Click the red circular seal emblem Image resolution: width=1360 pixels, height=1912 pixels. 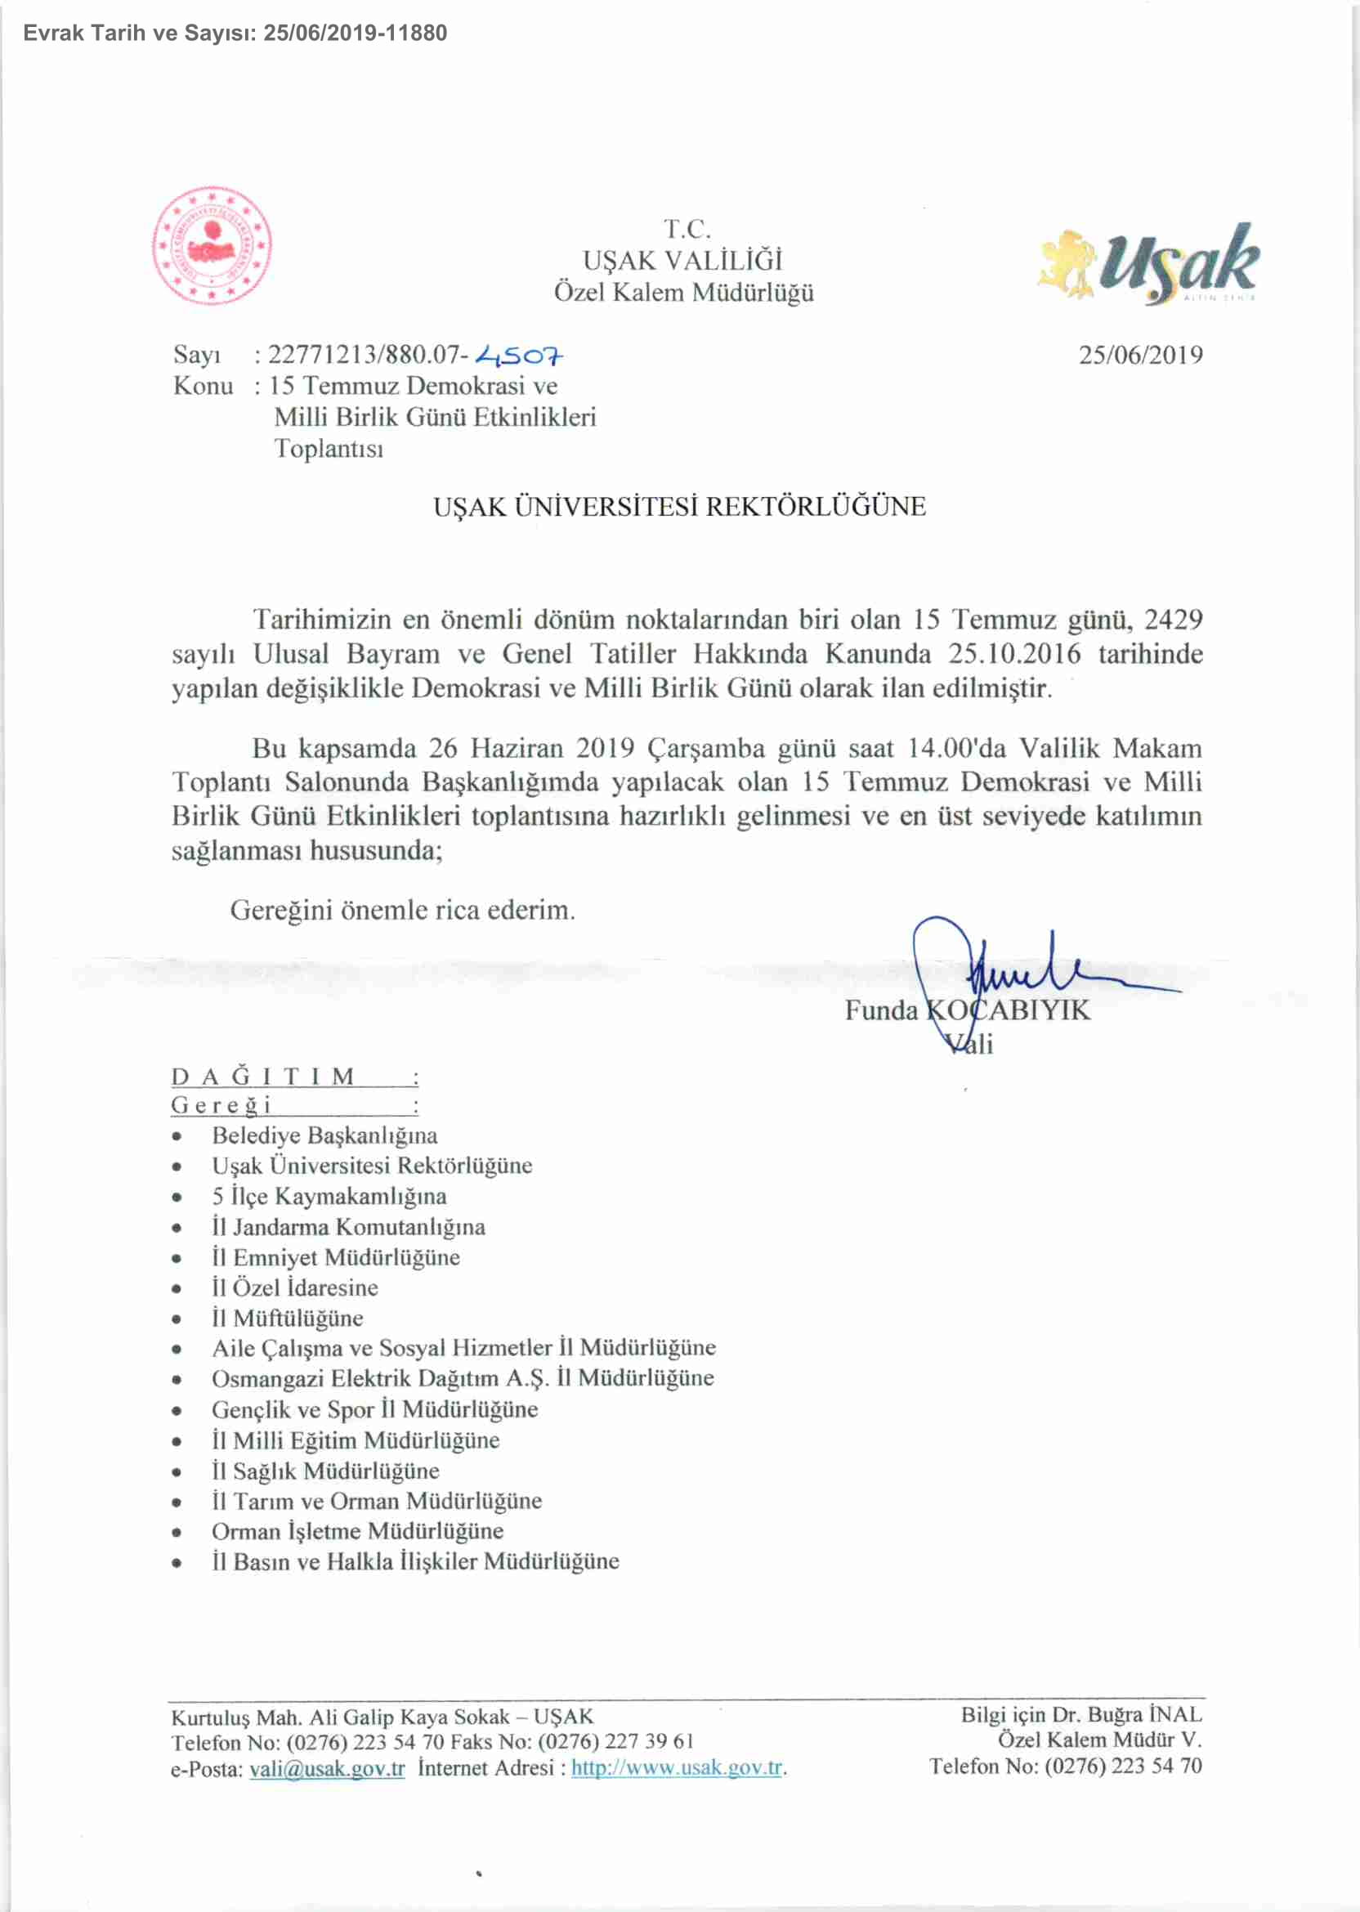tap(212, 245)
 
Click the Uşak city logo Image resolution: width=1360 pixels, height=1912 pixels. tap(1148, 262)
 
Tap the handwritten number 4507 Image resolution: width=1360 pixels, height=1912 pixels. tap(519, 356)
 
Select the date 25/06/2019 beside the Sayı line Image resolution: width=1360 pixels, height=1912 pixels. tap(1140, 355)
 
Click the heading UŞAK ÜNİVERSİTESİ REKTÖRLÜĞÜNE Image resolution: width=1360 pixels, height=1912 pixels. tap(679, 507)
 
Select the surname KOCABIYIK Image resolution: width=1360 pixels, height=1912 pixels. tap(1009, 1011)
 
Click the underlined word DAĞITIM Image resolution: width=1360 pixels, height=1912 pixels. tap(263, 1077)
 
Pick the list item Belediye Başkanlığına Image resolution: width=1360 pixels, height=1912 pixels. tap(324, 1135)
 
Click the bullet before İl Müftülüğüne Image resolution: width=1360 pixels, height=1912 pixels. tap(177, 1320)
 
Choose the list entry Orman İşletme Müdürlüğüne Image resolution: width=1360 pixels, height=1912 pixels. tap(358, 1532)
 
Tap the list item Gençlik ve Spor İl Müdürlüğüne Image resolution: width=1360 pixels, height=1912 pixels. tap(374, 1409)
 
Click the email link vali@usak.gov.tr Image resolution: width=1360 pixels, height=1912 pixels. tap(328, 1769)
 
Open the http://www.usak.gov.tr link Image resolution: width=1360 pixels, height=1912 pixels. tap(677, 1768)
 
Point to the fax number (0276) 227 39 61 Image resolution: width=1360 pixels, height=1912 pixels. tap(615, 1742)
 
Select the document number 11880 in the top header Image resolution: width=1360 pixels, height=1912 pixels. tap(416, 34)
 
